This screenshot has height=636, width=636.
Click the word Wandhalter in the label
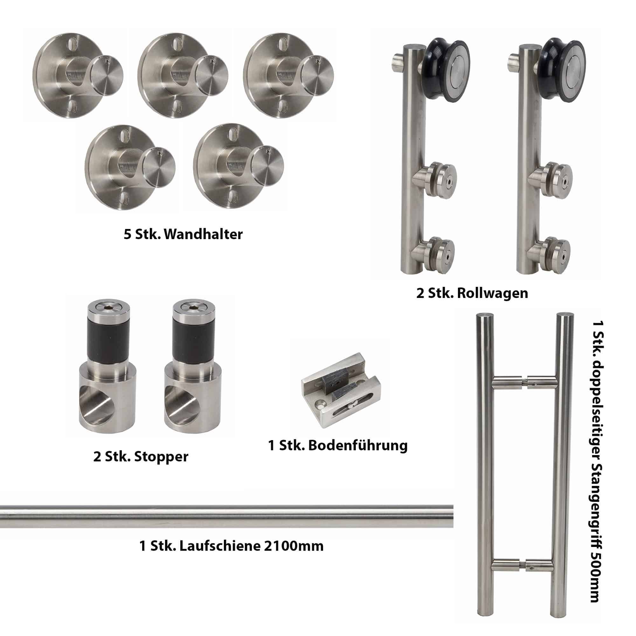coord(203,234)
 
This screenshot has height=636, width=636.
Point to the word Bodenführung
coord(358,446)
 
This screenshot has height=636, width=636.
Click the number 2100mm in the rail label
coord(294,546)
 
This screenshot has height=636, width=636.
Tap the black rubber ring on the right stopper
coord(194,344)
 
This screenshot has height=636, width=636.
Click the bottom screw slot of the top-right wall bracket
coord(283,106)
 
